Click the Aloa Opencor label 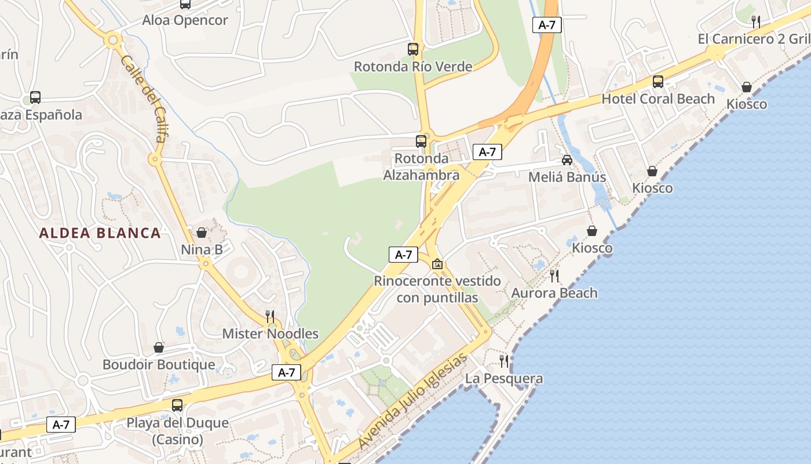[185, 20]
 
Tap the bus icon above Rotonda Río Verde [413, 49]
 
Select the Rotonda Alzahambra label [421, 166]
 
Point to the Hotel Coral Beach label [658, 99]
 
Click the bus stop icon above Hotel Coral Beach [658, 82]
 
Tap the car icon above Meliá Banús [567, 159]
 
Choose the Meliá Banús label [567, 177]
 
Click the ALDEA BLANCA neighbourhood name [100, 233]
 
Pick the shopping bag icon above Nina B [202, 233]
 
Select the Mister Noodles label [271, 333]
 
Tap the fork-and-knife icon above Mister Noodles [270, 316]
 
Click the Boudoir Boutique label [159, 365]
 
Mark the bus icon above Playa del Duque [177, 405]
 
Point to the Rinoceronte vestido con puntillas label [437, 289]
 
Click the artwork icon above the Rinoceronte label [437, 264]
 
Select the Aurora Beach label [554, 293]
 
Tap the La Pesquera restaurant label [505, 379]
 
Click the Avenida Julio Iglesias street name [412, 401]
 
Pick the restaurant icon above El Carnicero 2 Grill [756, 22]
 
